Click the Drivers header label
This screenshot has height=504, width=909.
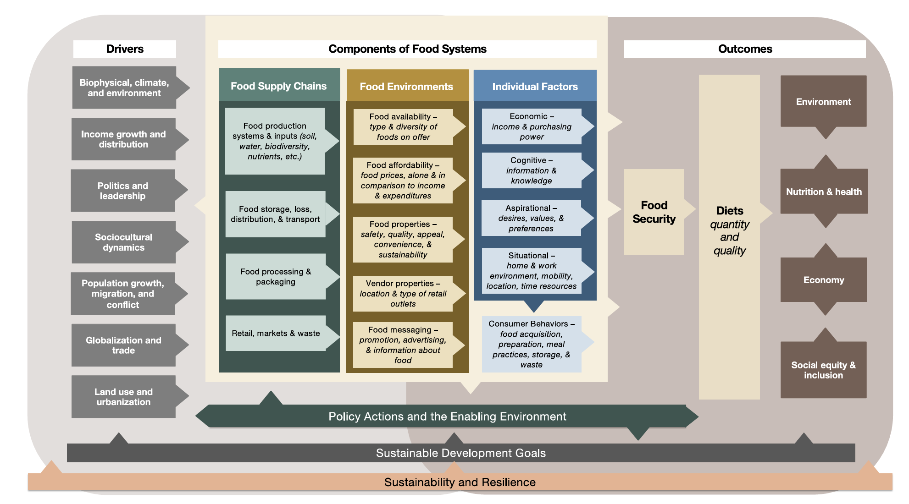point(125,49)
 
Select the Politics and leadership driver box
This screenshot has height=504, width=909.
point(123,191)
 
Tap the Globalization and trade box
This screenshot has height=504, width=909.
point(123,345)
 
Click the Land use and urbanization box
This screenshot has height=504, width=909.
point(123,397)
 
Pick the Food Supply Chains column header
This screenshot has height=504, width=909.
point(279,86)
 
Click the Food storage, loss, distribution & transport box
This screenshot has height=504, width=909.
point(275,214)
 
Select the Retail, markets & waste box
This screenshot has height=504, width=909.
point(276,333)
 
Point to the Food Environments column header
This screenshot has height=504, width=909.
point(407,87)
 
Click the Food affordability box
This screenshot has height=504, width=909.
point(403,180)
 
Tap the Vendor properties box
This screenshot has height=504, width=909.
point(403,293)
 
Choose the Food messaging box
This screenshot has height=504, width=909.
point(403,345)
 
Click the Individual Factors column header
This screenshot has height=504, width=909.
point(535,87)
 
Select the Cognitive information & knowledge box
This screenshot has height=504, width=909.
point(532,170)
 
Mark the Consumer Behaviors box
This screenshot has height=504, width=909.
point(532,344)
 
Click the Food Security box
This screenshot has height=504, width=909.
point(654,212)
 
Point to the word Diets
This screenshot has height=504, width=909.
point(730,211)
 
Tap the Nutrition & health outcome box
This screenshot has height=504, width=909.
point(824,192)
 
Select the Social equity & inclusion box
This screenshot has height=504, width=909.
point(823,370)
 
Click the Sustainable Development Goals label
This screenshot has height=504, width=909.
point(461,453)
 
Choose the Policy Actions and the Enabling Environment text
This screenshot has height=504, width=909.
point(447,416)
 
